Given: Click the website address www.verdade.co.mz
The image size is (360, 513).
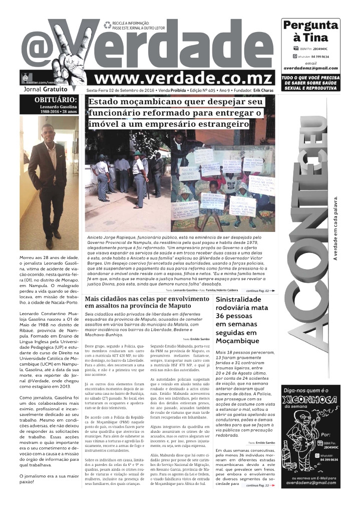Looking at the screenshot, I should tap(184, 78).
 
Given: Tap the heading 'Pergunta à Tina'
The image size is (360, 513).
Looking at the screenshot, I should tap(310, 31).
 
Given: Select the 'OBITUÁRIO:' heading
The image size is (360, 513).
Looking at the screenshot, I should tap(56, 99).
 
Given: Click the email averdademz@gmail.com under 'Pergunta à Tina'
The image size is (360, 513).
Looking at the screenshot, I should tap(310, 68).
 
